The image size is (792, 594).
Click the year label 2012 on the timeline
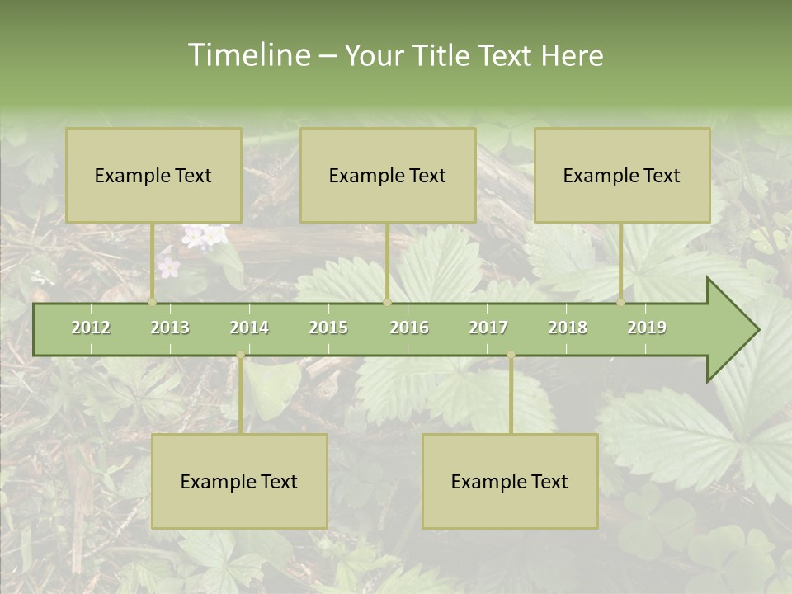pyautogui.click(x=91, y=328)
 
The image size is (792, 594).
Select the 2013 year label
pyautogui.click(x=170, y=328)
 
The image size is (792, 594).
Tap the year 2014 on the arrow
pyautogui.click(x=249, y=328)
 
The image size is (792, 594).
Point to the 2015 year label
pyautogui.click(x=328, y=328)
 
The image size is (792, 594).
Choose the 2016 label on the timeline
pyautogui.click(x=409, y=328)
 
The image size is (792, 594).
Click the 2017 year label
pyautogui.click(x=488, y=328)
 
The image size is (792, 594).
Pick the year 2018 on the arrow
pyautogui.click(x=568, y=328)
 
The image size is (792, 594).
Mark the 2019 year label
pyautogui.click(x=647, y=328)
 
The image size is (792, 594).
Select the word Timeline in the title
pyautogui.click(x=247, y=55)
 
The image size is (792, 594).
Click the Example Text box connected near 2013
pyautogui.click(x=153, y=175)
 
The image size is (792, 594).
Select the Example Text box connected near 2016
pyautogui.click(x=388, y=175)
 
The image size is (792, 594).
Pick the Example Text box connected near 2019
pyautogui.click(x=622, y=175)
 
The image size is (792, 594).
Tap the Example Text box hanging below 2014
pyautogui.click(x=239, y=481)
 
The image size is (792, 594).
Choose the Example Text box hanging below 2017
pyautogui.click(x=510, y=481)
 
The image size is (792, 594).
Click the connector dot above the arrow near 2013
pyautogui.click(x=153, y=303)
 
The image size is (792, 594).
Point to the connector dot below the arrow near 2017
pyautogui.click(x=511, y=356)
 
